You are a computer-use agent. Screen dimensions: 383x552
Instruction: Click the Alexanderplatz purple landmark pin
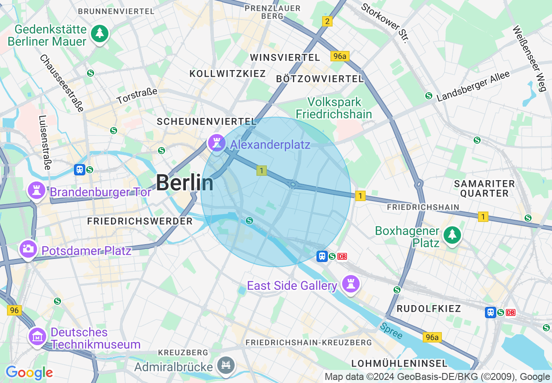coord(216,142)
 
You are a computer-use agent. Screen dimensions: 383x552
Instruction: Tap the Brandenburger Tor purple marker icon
coord(37,191)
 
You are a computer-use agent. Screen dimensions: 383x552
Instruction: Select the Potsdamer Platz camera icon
coord(28,249)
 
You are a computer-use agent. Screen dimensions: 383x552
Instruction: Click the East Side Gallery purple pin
coord(350,284)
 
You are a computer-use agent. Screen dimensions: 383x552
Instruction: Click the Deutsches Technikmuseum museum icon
coord(37,336)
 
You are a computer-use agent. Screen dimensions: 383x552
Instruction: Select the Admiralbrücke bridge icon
coord(226,365)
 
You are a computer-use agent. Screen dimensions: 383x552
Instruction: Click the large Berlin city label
coord(185,182)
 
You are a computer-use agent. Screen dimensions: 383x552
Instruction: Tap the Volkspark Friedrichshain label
coord(334,108)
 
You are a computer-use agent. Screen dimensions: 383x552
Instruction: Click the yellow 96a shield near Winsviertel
coord(340,56)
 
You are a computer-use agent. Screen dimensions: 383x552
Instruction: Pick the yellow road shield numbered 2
coord(327,21)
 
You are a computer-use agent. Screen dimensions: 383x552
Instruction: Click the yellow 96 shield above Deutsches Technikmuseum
coord(14,310)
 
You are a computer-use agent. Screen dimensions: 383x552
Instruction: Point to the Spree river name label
coord(390,331)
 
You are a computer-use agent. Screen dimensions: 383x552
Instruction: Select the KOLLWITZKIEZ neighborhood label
coord(228,74)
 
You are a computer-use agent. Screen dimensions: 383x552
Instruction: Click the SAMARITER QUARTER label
coord(484,188)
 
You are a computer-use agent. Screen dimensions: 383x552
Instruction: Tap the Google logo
coord(29,373)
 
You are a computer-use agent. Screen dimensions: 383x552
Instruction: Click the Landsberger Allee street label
coord(473,87)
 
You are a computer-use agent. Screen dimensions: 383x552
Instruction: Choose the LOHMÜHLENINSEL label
coord(399,363)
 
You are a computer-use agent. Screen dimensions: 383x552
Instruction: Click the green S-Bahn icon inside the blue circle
coord(249,221)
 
